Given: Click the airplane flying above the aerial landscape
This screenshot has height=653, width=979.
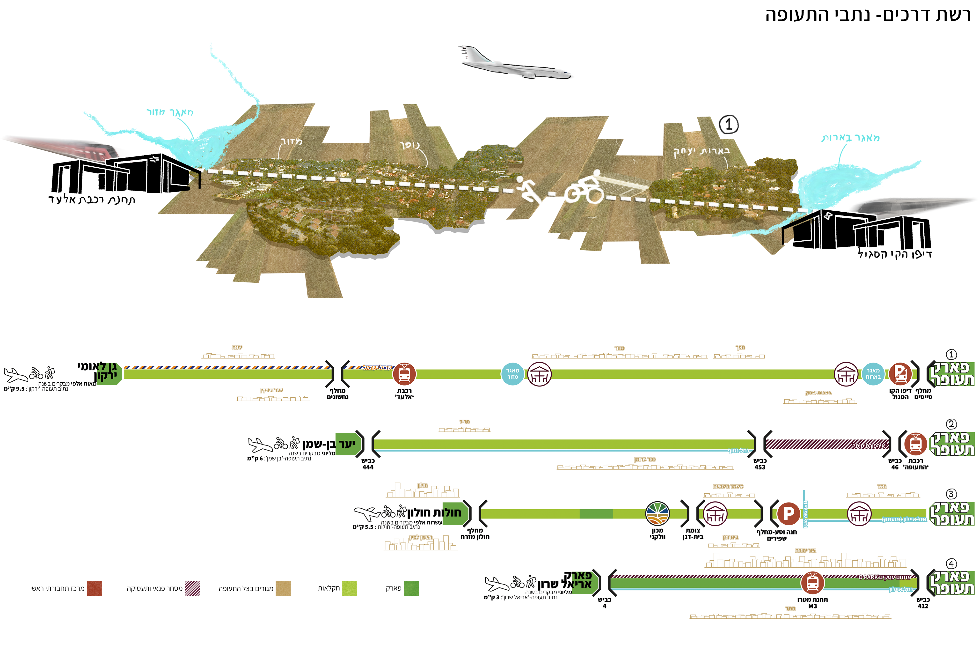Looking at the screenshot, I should pos(516,64).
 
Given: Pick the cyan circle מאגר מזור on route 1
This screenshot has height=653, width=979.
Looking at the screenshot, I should pos(512,374).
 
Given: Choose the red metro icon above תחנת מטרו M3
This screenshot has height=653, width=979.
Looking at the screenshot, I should pos(812,582).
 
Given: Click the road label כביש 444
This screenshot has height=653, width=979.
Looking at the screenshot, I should pos(368,464).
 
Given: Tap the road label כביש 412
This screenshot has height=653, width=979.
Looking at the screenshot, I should pos(923,603).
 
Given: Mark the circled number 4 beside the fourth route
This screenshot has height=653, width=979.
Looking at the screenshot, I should pos(951,564).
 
